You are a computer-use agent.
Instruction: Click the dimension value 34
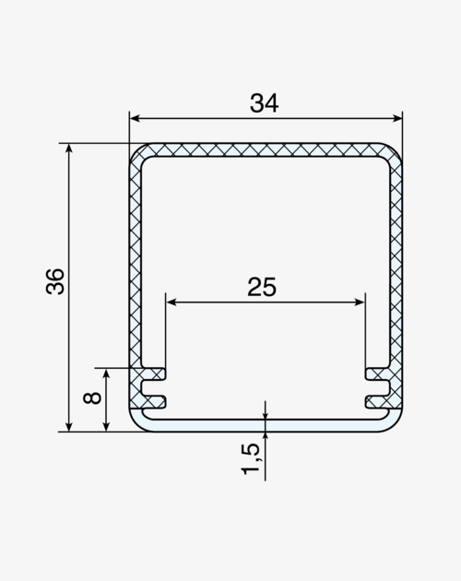[264, 103]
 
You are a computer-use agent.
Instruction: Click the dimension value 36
[55, 281]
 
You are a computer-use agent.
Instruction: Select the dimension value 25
[262, 287]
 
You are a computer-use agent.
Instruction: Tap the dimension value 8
[92, 398]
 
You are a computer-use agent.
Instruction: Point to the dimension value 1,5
[251, 458]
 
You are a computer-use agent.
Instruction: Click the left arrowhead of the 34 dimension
[135, 118]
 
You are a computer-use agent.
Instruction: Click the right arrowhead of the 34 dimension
[397, 118]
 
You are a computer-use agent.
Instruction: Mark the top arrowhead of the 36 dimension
[69, 148]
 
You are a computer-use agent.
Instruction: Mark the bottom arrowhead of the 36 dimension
[69, 426]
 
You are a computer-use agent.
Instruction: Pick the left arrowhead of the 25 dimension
[171, 302]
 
